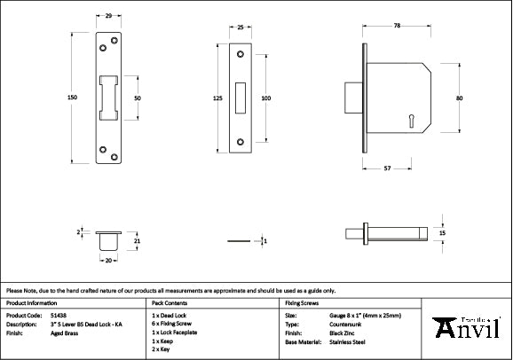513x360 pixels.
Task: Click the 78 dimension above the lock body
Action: (x=395, y=27)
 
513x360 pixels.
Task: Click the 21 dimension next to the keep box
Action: (x=136, y=240)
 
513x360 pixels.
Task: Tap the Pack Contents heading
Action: (x=171, y=303)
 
